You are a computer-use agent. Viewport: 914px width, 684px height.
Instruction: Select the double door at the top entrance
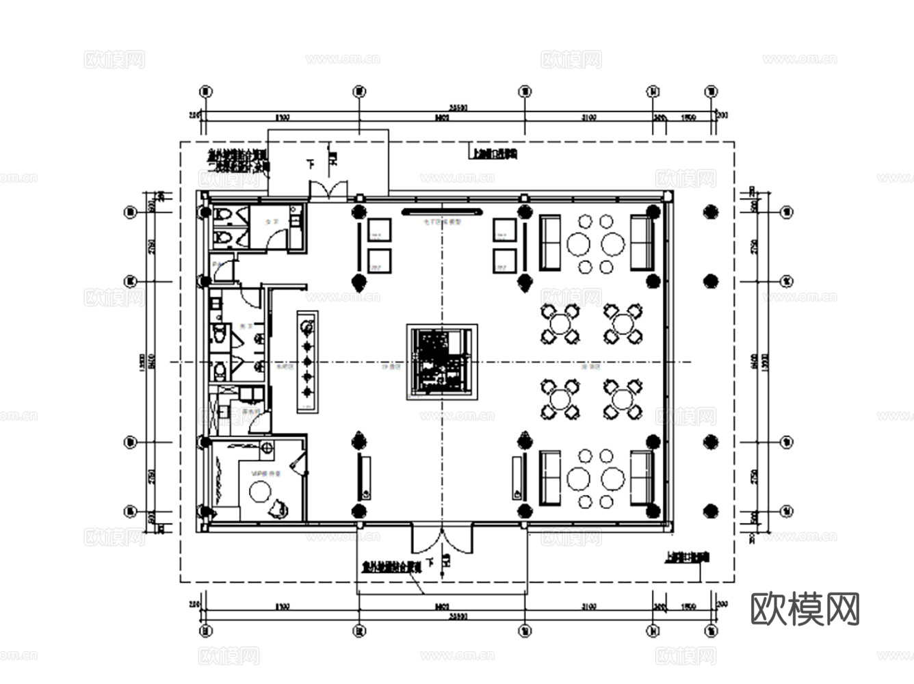(x=328, y=189)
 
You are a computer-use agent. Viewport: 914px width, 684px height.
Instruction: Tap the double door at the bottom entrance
(x=441, y=539)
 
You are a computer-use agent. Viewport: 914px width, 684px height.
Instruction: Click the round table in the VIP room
(x=260, y=490)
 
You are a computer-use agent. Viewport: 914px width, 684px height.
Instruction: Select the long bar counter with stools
(x=306, y=361)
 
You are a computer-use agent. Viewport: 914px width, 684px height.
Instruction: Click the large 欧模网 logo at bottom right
(x=805, y=608)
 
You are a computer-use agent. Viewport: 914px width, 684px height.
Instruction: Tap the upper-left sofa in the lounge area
(x=549, y=243)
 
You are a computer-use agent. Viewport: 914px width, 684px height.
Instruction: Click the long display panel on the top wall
(x=442, y=211)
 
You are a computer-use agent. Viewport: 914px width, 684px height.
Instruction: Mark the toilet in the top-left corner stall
(x=223, y=215)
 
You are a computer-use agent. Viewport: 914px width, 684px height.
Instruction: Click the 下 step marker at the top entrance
(x=310, y=163)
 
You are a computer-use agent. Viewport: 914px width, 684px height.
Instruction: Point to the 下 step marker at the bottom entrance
(x=430, y=562)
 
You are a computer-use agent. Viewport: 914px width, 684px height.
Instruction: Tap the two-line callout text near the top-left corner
(x=237, y=160)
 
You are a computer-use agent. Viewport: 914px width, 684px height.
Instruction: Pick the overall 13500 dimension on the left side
(x=142, y=361)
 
